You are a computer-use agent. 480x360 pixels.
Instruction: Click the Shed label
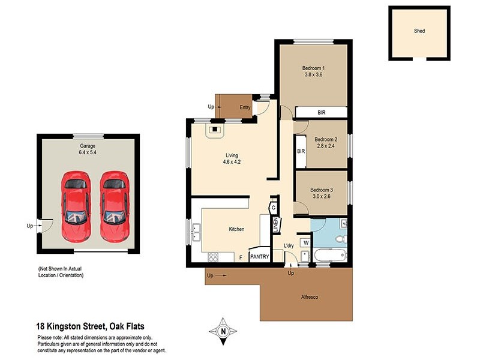point(419,31)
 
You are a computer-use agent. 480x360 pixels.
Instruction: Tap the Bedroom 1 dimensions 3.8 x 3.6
point(313,75)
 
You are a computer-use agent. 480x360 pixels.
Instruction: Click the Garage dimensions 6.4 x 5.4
point(88,153)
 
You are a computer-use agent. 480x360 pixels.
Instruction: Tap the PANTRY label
point(259,257)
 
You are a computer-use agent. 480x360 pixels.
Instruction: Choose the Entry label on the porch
point(245,107)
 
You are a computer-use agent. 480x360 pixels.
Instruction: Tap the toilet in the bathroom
point(340,239)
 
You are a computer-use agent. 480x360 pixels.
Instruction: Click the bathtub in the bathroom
point(329,256)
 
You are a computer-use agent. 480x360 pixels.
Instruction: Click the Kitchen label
point(236,229)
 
